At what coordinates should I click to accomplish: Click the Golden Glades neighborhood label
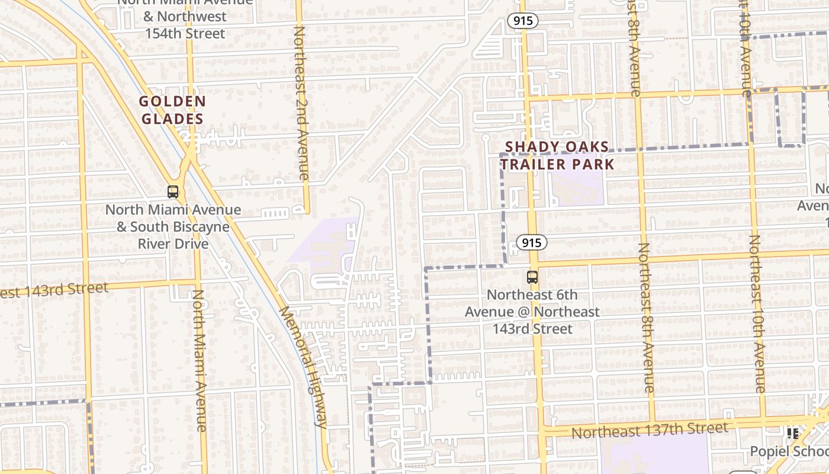(172, 110)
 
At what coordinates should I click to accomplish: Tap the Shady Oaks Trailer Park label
(557, 155)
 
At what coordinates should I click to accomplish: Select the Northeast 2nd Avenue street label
(301, 104)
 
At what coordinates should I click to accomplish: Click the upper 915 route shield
(523, 21)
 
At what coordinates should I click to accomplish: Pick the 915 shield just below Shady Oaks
(531, 242)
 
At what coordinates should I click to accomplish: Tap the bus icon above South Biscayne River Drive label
(173, 192)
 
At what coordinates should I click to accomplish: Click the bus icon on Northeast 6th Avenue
(532, 277)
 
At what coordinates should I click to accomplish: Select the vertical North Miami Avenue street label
(200, 360)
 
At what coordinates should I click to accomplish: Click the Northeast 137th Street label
(649, 430)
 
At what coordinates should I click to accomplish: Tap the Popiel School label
(789, 451)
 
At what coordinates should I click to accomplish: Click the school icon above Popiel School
(793, 434)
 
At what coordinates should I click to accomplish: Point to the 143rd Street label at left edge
(54, 290)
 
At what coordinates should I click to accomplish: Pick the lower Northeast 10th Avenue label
(757, 314)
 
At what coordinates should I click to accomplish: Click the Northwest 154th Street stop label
(185, 18)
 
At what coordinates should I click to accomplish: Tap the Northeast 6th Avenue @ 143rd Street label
(532, 312)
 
